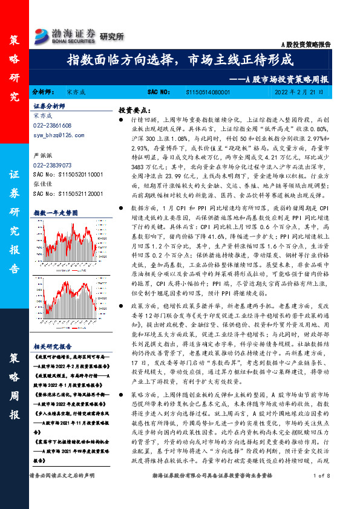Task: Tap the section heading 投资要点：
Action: click(x=134, y=110)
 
